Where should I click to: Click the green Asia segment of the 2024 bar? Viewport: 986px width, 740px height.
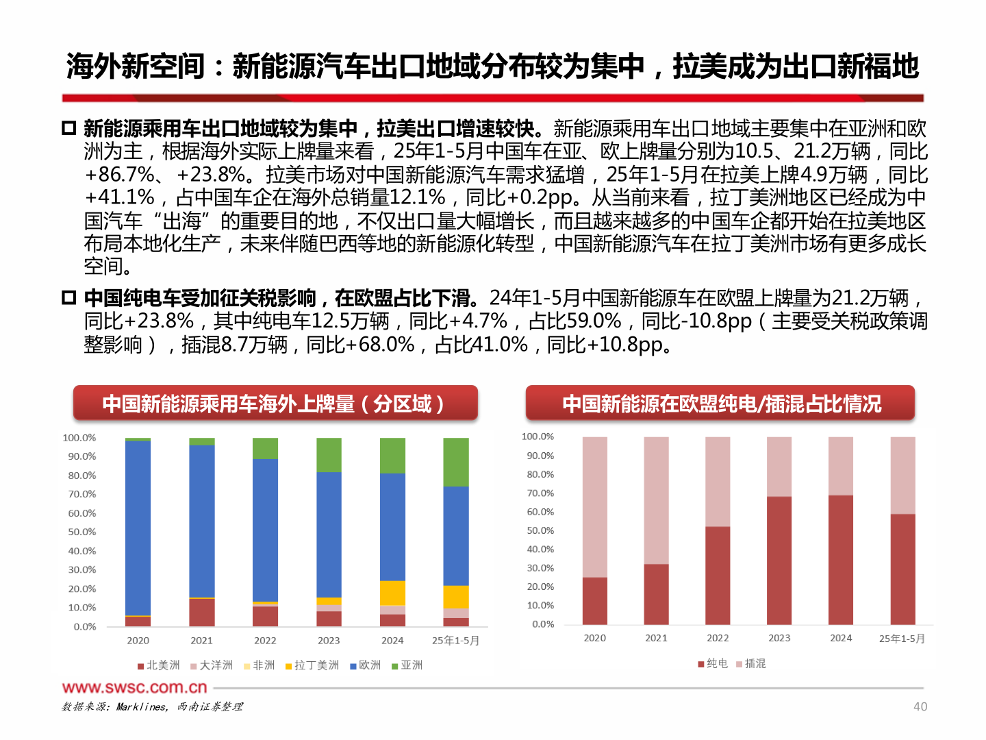[392, 456]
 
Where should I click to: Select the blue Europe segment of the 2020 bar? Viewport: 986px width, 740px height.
[138, 528]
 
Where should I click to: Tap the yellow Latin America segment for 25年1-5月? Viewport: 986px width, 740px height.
[456, 597]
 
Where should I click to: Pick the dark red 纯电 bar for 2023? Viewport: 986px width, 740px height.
[779, 560]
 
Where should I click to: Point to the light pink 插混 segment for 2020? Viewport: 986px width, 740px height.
[594, 507]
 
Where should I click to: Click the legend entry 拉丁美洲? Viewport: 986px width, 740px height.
[312, 665]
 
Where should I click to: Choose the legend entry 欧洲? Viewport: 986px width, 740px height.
[366, 665]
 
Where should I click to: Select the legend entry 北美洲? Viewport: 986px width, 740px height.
[159, 665]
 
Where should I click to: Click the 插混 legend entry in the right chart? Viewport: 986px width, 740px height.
[751, 663]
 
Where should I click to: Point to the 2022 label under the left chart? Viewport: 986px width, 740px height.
[265, 641]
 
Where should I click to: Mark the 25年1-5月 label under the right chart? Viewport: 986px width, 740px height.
[902, 639]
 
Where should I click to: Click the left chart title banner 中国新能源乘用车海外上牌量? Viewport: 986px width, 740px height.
[275, 404]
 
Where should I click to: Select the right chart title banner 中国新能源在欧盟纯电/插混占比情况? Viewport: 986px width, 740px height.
[720, 404]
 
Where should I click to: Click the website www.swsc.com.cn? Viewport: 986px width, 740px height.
[134, 687]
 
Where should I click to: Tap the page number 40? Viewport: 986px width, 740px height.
[920, 706]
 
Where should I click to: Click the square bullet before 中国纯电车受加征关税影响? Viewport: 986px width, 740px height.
[68, 298]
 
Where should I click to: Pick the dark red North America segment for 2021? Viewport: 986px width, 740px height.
[201, 612]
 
